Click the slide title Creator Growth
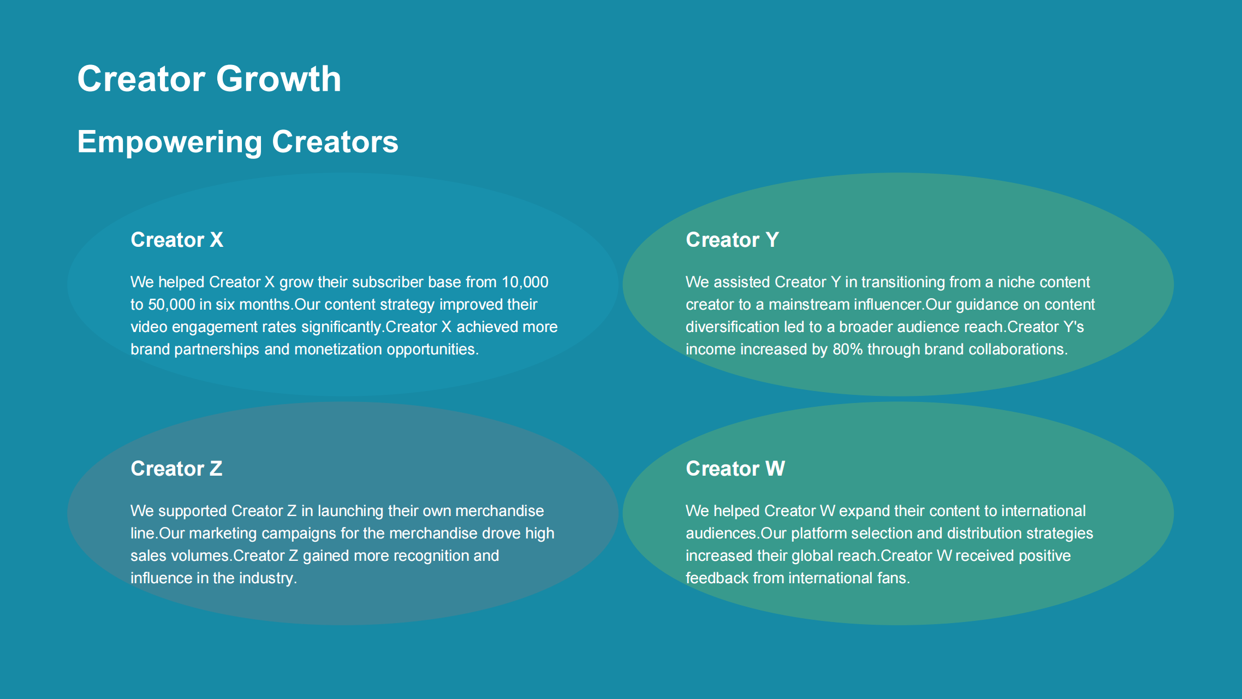point(209,79)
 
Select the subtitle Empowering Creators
point(237,142)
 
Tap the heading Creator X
point(177,240)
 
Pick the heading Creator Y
point(732,240)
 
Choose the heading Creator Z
point(176,469)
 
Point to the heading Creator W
point(735,469)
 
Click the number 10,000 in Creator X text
point(525,282)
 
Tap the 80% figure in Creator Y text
point(847,349)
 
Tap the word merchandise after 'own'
point(500,511)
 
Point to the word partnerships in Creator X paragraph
point(217,349)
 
